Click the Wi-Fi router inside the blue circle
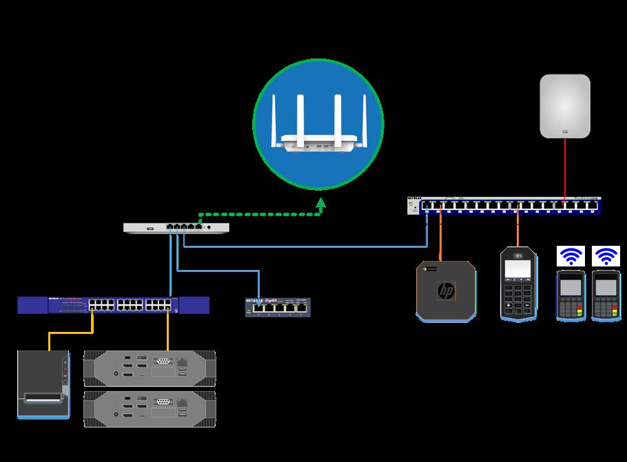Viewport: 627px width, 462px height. pos(318,131)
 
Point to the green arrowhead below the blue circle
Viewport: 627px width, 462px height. pos(320,204)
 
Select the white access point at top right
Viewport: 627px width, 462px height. pos(565,106)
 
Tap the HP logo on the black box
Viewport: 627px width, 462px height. pos(446,292)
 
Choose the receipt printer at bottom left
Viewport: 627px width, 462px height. pos(43,384)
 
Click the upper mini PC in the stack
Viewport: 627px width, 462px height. pos(150,368)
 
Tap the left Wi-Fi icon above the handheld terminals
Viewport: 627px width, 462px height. pos(571,257)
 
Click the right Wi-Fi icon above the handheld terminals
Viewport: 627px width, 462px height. pos(606,257)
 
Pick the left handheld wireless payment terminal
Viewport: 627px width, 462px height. pos(571,295)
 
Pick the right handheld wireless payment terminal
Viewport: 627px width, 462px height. pos(606,295)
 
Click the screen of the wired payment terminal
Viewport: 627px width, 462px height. pos(518,268)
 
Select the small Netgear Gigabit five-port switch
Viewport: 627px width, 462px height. pos(278,307)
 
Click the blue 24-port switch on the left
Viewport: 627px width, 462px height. pos(114,304)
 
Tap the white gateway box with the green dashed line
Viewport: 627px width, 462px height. pos(176,227)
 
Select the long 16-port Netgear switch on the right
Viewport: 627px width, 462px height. pos(504,205)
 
